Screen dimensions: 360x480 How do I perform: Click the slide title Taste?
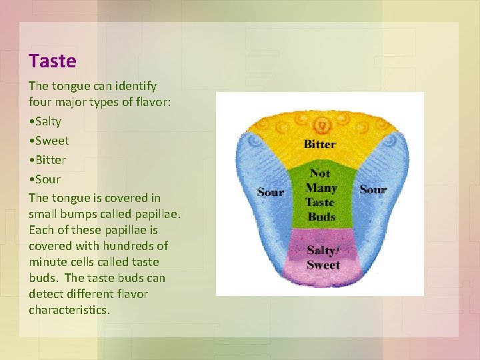click(53, 61)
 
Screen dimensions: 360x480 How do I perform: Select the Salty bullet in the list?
click(47, 121)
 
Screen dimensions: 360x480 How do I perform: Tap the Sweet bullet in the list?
click(51, 141)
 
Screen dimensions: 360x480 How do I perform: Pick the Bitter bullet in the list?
click(49, 160)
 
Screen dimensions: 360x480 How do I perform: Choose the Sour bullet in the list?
click(47, 179)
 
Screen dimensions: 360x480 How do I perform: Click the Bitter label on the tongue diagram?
click(320, 144)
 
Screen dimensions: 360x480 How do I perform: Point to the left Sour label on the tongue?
click(271, 192)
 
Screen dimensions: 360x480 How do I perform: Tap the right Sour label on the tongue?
click(373, 189)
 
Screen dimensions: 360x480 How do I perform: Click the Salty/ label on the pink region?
click(323, 251)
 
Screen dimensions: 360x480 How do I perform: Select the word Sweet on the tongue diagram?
click(323, 265)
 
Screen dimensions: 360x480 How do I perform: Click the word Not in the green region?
click(320, 173)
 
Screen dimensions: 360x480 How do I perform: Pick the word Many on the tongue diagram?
click(321, 188)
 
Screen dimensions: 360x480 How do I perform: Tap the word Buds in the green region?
click(321, 217)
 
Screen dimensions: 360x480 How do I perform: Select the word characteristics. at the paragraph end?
click(69, 310)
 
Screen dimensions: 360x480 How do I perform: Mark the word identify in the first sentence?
click(135, 86)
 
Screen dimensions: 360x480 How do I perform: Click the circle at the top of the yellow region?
click(323, 124)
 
